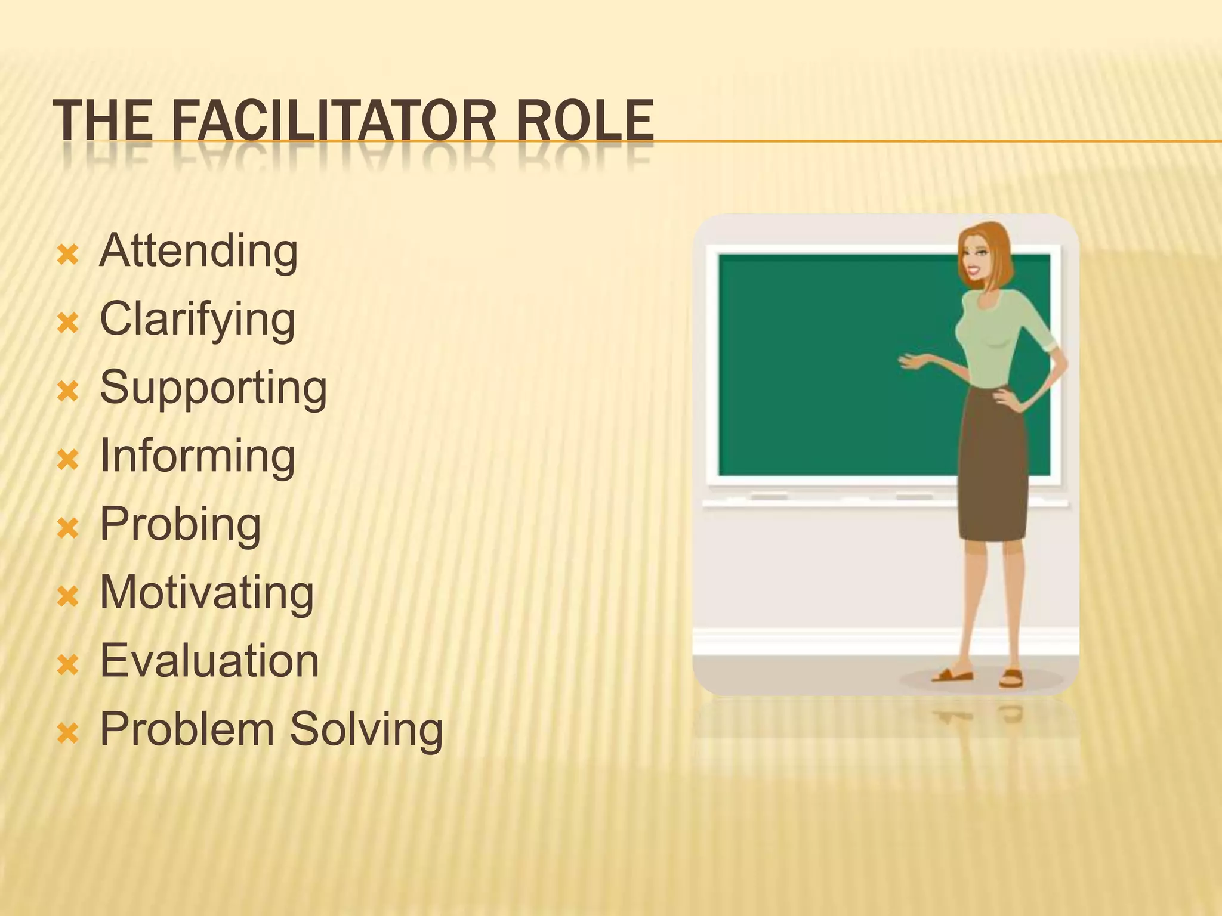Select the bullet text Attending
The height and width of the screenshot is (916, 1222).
(x=199, y=251)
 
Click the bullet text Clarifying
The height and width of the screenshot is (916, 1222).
(x=198, y=320)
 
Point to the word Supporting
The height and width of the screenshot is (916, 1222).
(x=213, y=388)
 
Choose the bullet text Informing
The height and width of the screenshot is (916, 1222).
(x=198, y=456)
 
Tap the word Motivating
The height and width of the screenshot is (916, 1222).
(x=206, y=593)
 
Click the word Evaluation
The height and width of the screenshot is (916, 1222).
(x=209, y=661)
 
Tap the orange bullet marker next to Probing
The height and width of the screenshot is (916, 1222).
(x=68, y=528)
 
